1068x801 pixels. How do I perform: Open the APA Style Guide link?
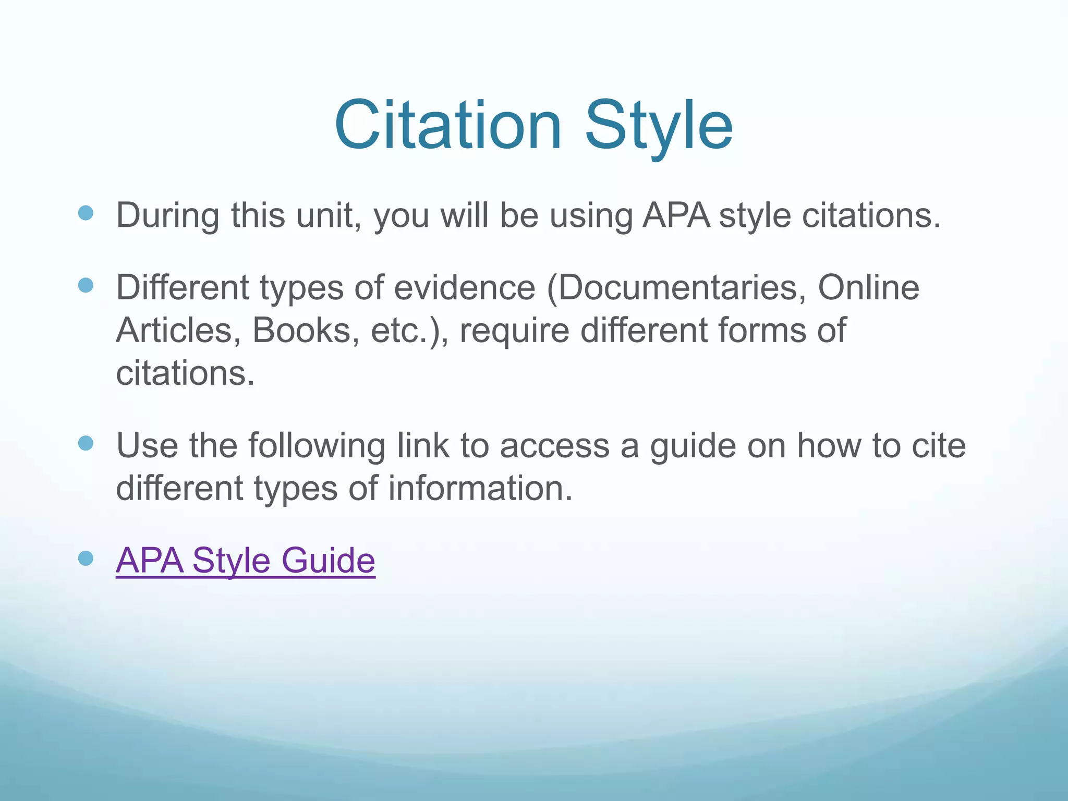coord(245,561)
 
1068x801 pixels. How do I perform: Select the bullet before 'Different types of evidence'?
coord(86,285)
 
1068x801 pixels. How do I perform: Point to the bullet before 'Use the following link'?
coord(86,443)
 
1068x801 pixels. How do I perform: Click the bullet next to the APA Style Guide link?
coord(86,559)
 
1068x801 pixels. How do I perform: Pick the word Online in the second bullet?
coord(868,288)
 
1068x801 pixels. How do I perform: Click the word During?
coord(167,215)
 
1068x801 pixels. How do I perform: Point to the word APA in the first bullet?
coord(675,215)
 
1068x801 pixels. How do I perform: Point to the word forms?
coord(761,331)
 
